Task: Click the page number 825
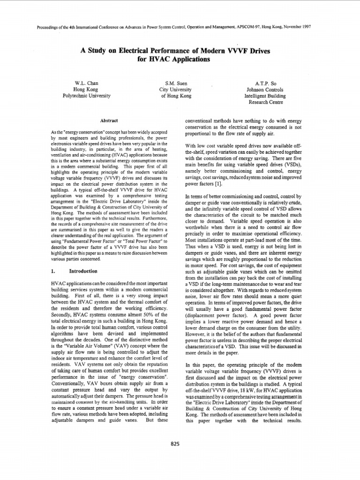tap(175, 444)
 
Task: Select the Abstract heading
tap(108, 120)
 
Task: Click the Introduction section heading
tap(83, 271)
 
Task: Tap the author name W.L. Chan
tap(87, 82)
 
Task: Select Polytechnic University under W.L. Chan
tap(87, 95)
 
